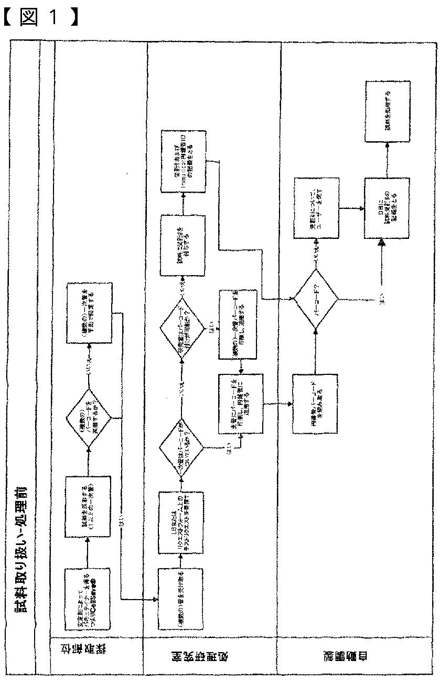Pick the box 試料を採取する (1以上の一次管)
tap(88, 506)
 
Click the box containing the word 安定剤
tap(88, 599)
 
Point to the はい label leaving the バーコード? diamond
tap(371, 301)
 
